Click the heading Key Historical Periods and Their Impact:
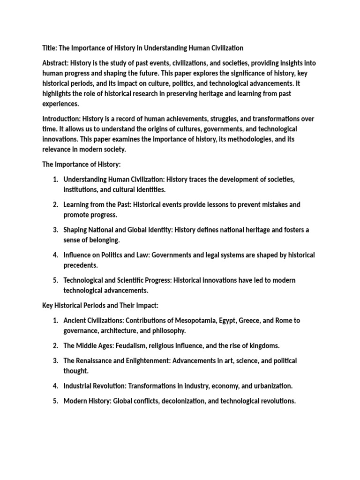pyautogui.click(x=100, y=306)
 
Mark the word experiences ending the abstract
pyautogui.click(x=61, y=104)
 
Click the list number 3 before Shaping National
pyautogui.click(x=55, y=230)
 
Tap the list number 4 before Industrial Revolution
pyautogui.click(x=55, y=386)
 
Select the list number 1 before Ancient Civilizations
pyautogui.click(x=55, y=321)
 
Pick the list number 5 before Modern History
pyautogui.click(x=55, y=401)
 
